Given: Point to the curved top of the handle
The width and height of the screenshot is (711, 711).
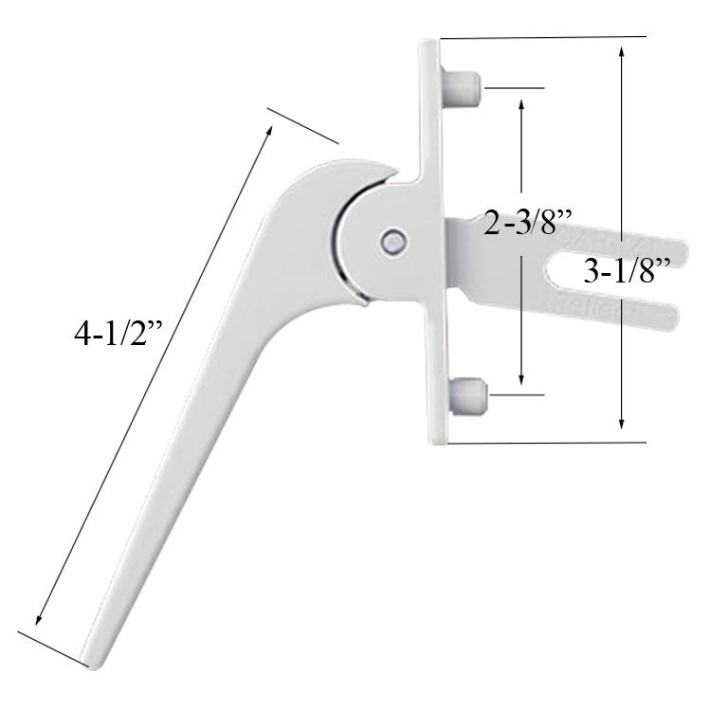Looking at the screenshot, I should point(322,175).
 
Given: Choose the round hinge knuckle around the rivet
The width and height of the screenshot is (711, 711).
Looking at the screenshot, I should point(365,242).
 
